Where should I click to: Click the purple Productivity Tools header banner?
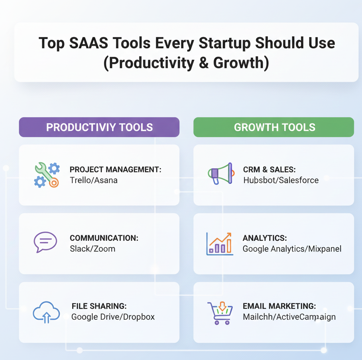[99, 127]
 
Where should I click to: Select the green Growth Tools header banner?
[274, 127]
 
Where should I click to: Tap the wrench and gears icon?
[47, 175]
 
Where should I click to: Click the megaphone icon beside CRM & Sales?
[220, 173]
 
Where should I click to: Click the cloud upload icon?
[46, 312]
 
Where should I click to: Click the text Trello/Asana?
[93, 180]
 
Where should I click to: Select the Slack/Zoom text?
[92, 249]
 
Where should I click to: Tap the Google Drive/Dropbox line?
[113, 317]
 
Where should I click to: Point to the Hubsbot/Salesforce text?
[281, 180]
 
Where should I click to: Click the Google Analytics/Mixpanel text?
[292, 249]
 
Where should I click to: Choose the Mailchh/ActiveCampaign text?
[289, 317]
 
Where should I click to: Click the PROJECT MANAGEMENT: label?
[115, 170]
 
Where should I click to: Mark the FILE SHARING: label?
[99, 306]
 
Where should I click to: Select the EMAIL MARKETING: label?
[279, 306]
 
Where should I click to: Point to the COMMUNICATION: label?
[104, 238]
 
